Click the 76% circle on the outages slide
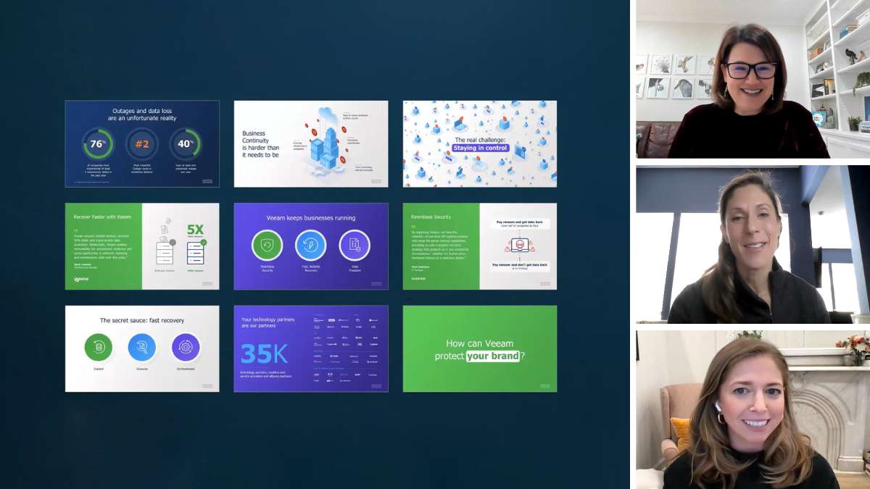tap(96, 143)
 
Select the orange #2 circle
tap(141, 143)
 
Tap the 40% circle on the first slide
tap(186, 143)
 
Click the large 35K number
tap(265, 354)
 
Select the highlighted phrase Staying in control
tap(481, 148)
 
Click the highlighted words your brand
tap(493, 356)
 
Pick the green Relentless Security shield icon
tap(267, 246)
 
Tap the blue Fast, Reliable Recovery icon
tap(310, 246)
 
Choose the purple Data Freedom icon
tap(355, 246)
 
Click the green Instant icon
tap(99, 348)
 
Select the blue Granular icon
tap(142, 348)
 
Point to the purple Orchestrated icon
tap(186, 348)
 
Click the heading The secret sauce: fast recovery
tap(142, 320)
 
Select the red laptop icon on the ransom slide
tap(518, 245)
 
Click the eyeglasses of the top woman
tap(750, 70)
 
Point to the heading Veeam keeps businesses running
tap(310, 217)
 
